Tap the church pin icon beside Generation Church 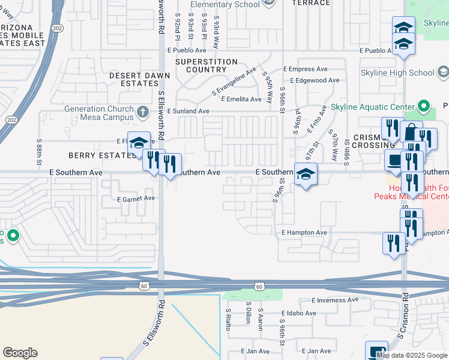point(142,112)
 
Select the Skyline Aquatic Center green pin point(424,106)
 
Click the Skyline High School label point(397,73)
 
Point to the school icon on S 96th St point(306,175)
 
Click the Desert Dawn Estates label point(139,79)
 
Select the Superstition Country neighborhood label point(206,65)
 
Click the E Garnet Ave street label point(136,198)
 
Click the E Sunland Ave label point(188,111)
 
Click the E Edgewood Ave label point(315,80)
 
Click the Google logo point(20,353)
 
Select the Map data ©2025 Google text point(412,355)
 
